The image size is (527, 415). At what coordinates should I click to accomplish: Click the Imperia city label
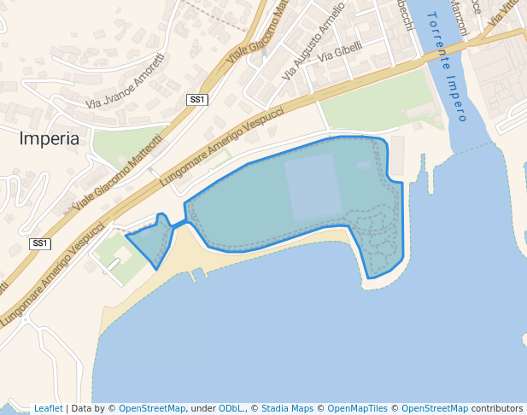(x=49, y=138)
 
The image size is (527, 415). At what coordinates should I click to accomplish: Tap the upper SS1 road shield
(x=197, y=100)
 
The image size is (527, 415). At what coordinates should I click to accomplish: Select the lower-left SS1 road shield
(x=39, y=244)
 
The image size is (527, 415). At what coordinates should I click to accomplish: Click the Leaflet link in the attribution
(x=48, y=409)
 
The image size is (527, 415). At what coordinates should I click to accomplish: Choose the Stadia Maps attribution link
(x=286, y=409)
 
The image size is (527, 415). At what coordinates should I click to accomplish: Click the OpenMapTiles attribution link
(x=357, y=409)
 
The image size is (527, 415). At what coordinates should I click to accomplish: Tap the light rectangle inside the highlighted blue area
(x=313, y=187)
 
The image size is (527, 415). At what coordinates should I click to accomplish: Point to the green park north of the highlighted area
(x=376, y=102)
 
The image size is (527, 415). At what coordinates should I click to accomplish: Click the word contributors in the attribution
(x=497, y=409)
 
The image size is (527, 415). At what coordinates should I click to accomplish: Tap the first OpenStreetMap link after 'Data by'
(x=152, y=409)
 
